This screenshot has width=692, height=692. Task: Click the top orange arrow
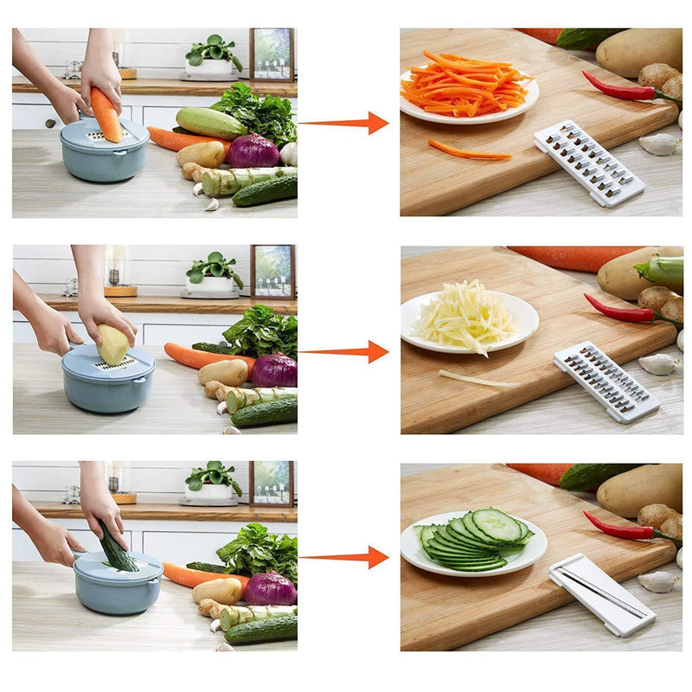[x=346, y=123]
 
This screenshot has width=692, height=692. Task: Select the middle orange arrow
[x=346, y=352]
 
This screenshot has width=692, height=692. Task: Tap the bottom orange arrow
[x=346, y=557]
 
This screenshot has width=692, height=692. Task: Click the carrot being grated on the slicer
[x=106, y=114]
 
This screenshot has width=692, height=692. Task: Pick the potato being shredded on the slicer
[x=113, y=344]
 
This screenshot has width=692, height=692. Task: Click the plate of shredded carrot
[x=468, y=88]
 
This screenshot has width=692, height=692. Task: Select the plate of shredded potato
[x=469, y=320]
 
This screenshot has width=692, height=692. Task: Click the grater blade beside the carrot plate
[x=588, y=163]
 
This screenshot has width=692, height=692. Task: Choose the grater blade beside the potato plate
[x=606, y=381]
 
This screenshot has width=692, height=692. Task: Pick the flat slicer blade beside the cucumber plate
[x=602, y=594]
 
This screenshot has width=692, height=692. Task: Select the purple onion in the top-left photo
[x=253, y=151]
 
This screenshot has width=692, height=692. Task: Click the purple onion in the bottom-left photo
[x=271, y=589]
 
